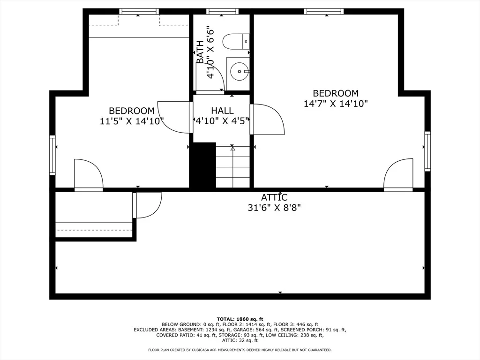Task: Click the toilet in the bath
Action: [236, 41]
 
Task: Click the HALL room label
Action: [222, 111]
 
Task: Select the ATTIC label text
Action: [274, 197]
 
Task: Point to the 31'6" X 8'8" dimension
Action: [274, 208]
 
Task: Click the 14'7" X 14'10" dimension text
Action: [336, 104]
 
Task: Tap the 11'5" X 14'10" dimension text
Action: [132, 121]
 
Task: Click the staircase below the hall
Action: [233, 167]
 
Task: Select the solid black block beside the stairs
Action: [202, 165]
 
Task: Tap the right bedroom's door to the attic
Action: [398, 175]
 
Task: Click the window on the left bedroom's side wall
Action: [52, 155]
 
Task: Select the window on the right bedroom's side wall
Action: [427, 151]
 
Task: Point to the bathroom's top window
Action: [222, 12]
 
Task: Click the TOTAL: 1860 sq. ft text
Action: [240, 319]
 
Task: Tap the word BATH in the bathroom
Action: [200, 52]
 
